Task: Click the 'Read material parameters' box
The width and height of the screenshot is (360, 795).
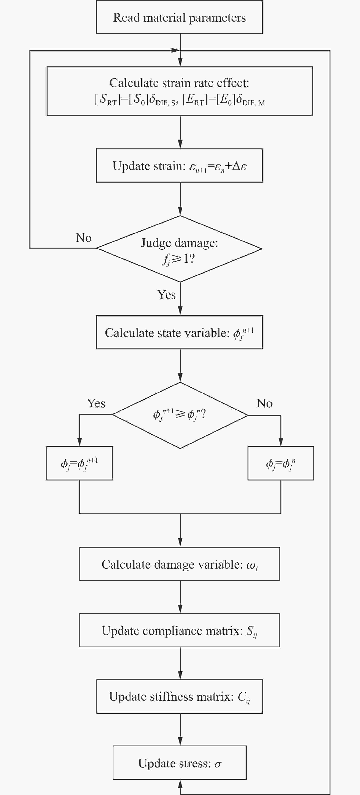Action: coord(180,17)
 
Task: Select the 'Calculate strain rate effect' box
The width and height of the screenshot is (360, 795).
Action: coord(180,91)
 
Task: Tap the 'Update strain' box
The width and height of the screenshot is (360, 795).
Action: coord(180,166)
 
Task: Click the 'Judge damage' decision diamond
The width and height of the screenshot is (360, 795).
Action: coord(180,249)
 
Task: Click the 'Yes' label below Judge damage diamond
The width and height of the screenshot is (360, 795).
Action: coord(167,295)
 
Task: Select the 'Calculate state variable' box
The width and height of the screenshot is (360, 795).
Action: coord(180,332)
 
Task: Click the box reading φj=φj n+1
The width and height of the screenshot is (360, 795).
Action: coord(80,463)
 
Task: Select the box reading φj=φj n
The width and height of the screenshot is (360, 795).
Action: coord(281,463)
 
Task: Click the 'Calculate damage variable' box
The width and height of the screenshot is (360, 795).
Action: coord(180,564)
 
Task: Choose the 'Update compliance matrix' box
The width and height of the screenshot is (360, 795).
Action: coord(180,630)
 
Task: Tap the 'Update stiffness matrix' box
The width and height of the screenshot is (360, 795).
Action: coord(180,697)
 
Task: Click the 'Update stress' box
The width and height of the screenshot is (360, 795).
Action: coord(180,763)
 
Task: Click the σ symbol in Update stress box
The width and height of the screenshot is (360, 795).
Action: coord(218,764)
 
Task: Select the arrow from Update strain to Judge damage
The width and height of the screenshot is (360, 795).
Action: coord(180,199)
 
